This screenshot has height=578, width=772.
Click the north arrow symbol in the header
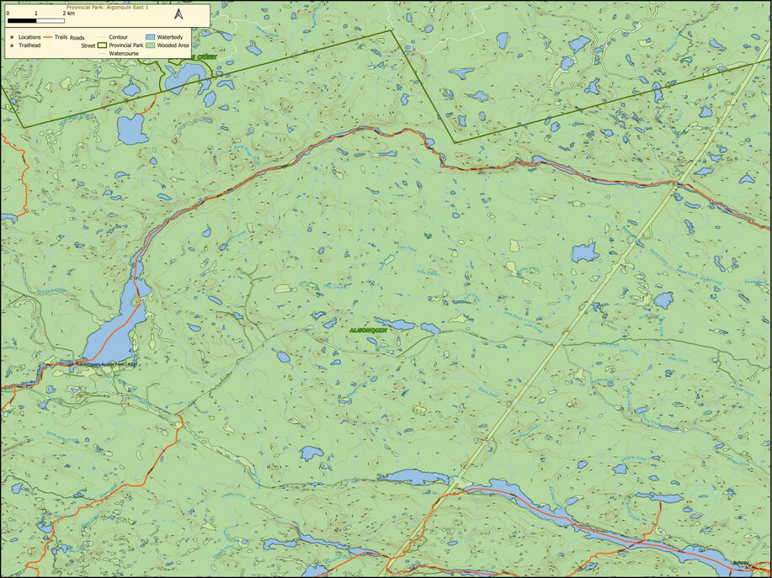(178, 13)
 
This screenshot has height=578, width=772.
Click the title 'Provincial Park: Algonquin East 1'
(104, 6)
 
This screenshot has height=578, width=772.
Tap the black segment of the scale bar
(22, 19)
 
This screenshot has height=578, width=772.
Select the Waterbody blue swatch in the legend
(152, 38)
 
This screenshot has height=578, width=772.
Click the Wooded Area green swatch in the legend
(152, 45)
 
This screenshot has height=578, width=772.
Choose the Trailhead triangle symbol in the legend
(11, 45)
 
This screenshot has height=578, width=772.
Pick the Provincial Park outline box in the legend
(103, 45)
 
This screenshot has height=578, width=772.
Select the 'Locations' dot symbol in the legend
(11, 38)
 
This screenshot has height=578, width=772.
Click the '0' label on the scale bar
(8, 14)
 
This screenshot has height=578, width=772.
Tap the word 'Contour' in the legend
(119, 38)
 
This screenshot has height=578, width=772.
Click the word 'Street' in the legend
(88, 45)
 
